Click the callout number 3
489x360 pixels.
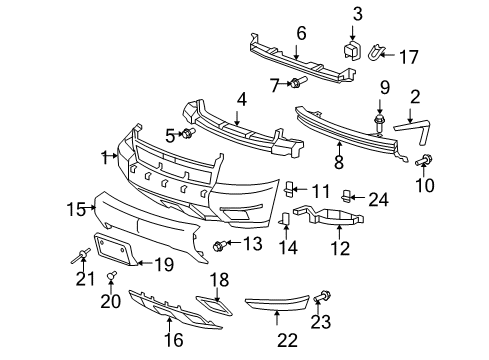[x=357, y=13]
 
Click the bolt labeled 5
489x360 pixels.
[x=187, y=132]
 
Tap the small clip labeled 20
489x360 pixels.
[x=111, y=275]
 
